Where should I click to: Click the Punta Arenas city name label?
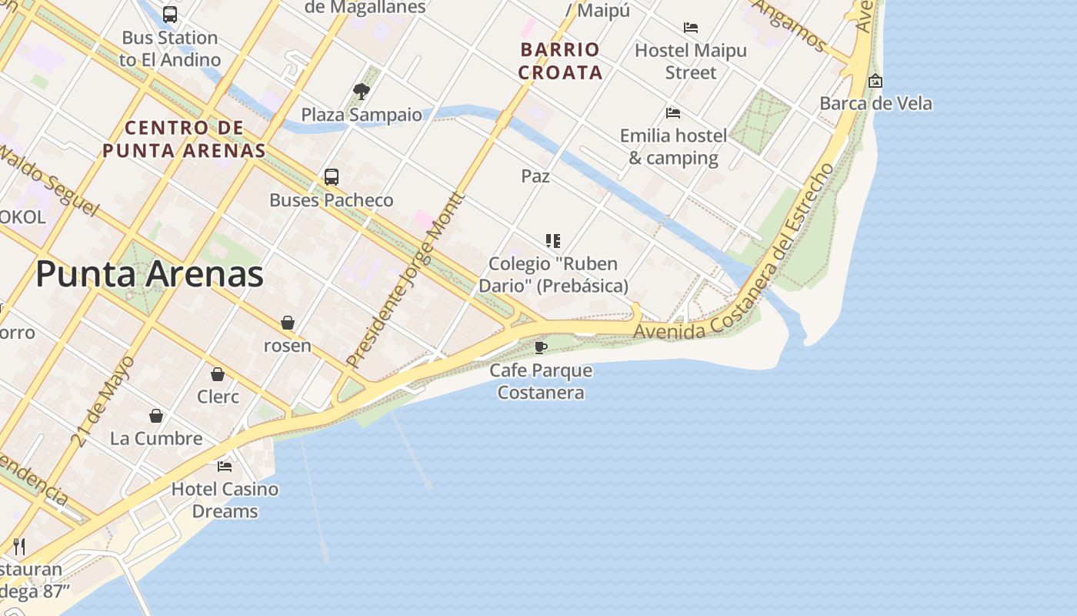[x=150, y=275]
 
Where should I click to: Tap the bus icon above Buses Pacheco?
[x=332, y=176]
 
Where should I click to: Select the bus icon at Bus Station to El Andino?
[x=170, y=14]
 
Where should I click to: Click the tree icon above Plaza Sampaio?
[x=361, y=92]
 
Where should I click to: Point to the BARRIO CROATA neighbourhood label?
[x=560, y=61]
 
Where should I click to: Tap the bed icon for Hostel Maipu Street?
[x=691, y=28]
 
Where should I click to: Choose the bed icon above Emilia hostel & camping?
[x=673, y=113]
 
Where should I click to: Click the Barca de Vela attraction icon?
[x=875, y=81]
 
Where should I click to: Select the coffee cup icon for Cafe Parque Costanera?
[x=541, y=346]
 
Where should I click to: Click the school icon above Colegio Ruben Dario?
[x=552, y=241]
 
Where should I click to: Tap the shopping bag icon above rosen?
[x=287, y=322]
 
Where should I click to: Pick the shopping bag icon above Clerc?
[x=218, y=374]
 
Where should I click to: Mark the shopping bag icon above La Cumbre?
[x=156, y=416]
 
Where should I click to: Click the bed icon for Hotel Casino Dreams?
[x=225, y=466]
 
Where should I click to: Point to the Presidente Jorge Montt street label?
[x=405, y=280]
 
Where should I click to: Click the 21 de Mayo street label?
[x=103, y=400]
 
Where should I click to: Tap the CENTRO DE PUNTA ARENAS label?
[x=184, y=139]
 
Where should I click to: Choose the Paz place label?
[x=535, y=176]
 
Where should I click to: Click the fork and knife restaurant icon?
[x=19, y=547]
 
